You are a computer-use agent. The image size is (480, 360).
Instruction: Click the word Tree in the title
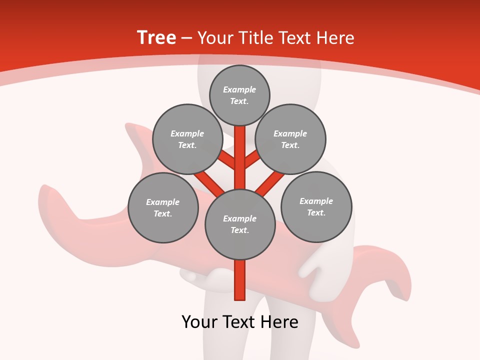point(156,37)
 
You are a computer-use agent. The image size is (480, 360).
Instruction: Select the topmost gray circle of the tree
point(239,95)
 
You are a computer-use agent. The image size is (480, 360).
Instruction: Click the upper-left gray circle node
point(187,139)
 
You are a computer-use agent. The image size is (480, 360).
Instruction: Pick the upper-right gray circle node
point(290,139)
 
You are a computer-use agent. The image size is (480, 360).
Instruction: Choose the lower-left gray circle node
point(163,207)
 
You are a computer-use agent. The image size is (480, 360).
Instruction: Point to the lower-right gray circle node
point(316,206)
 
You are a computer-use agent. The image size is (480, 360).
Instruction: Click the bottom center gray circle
point(240,224)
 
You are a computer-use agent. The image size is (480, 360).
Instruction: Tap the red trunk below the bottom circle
point(240,280)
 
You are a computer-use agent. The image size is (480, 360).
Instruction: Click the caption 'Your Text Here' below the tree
point(240,322)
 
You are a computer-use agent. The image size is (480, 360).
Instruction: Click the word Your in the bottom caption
point(199,322)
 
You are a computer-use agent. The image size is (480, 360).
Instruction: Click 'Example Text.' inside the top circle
point(239,95)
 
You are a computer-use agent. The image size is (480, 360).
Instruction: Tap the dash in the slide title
point(187,38)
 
